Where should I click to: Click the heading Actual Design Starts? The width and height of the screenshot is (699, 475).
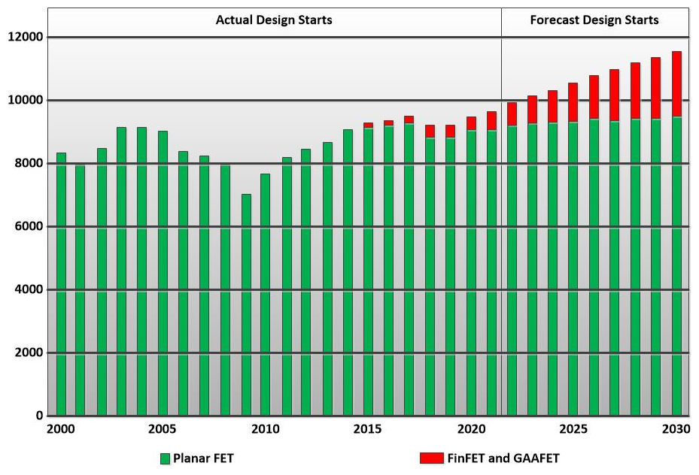[274, 20]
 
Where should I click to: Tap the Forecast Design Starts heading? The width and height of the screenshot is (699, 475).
[594, 20]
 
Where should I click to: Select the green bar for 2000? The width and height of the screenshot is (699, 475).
[61, 286]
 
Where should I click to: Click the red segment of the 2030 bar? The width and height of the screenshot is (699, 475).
[676, 83]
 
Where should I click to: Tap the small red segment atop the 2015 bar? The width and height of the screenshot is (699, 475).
[368, 125]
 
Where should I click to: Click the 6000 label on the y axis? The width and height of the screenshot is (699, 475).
[29, 226]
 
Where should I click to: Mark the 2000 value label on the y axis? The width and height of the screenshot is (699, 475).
[29, 352]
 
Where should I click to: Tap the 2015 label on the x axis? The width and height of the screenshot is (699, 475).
[368, 430]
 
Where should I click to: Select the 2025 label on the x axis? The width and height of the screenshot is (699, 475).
[573, 430]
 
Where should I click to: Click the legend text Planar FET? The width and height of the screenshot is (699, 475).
[203, 458]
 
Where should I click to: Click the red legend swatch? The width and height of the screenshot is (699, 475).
[430, 458]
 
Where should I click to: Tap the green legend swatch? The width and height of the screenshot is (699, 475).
[165, 458]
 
